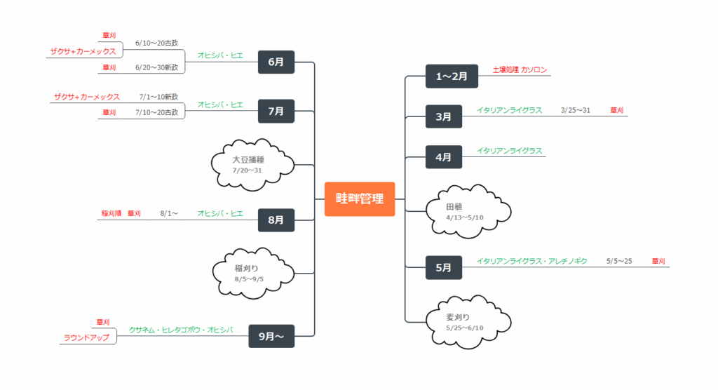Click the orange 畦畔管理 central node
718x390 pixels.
tap(360, 199)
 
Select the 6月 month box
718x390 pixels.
tap(276, 62)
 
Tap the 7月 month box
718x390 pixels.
tap(276, 111)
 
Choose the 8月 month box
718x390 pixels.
tap(276, 220)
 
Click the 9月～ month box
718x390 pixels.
tap(271, 336)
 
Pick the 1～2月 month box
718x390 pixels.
tap(452, 76)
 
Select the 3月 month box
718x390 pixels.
tap(443, 116)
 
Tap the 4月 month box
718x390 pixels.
tap(443, 157)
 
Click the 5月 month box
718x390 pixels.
tap(443, 267)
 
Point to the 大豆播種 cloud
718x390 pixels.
tap(252, 165)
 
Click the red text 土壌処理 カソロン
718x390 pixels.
tap(520, 70)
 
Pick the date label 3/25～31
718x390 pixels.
tap(576, 110)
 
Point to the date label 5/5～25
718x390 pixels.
tap(619, 261)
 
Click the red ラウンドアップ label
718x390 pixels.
tap(87, 337)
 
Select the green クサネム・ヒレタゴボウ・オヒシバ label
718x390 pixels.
tap(180, 329)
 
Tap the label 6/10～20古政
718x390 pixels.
tap(156, 43)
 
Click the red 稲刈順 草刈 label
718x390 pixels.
tap(121, 213)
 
